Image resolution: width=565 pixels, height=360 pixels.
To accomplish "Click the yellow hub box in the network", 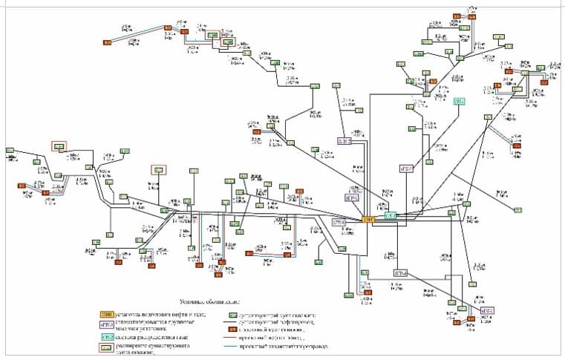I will tap(369, 219).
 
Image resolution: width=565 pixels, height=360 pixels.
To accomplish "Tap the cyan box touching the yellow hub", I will tap(391, 215).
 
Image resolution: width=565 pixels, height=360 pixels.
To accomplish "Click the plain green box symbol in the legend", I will tap(232, 314).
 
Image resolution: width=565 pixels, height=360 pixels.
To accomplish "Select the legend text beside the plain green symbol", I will tap(278, 314).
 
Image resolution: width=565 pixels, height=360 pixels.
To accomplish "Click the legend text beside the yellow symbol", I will tap(159, 314).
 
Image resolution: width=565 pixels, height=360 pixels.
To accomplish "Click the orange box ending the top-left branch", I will tap(107, 43).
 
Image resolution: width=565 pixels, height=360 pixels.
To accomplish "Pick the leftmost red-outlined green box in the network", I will tap(58, 145).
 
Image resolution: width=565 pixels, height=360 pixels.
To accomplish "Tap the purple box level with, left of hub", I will tap(339, 222).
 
